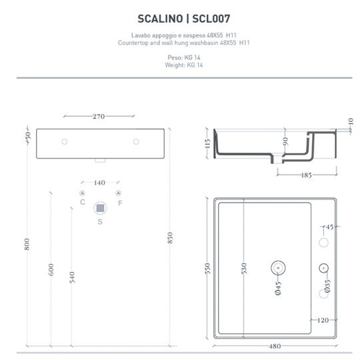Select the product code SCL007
coord(210,19)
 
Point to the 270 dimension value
coord(99,117)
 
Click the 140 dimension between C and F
coord(99,181)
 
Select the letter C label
coord(82,202)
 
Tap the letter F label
coord(120,202)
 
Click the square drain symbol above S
coord(100,207)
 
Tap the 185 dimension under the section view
coord(307,175)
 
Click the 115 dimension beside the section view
coord(207,144)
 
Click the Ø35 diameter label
coord(327,287)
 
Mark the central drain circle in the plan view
coord(277,267)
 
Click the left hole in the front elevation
coord(65,141)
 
